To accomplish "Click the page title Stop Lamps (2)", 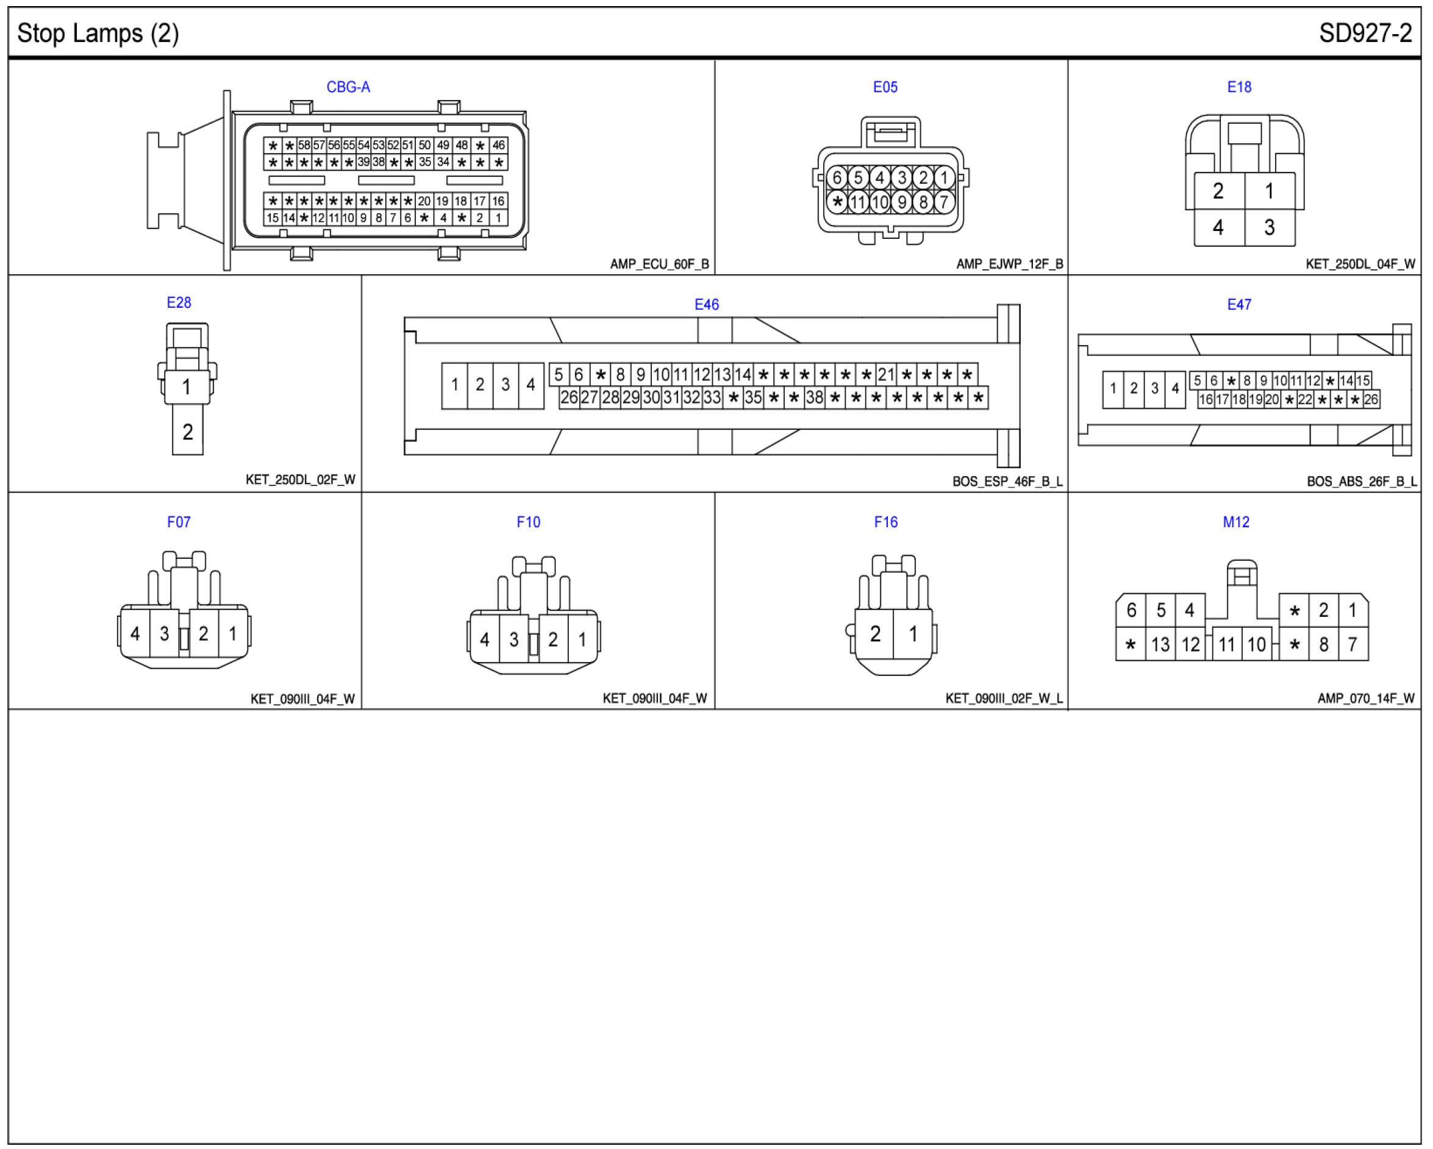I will point(98,34).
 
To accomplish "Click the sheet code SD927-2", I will point(1365,34).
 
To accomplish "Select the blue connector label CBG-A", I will point(348,87).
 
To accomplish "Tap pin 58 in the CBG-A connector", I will point(304,145).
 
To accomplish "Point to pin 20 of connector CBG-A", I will point(424,201).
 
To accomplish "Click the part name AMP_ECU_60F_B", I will point(659,265).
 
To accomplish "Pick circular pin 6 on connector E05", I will point(836,177).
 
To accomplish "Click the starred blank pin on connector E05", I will point(837,202).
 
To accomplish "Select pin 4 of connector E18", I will point(1218,227).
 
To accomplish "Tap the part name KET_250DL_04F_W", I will point(1360,265).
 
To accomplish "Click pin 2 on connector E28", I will point(187,432).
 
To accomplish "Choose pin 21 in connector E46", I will point(885,375).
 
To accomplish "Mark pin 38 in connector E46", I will point(814,398).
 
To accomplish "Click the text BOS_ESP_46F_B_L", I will point(1007,481).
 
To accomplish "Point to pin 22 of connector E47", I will point(1305,399).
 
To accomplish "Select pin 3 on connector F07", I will point(164,634).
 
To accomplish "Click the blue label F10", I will point(529,522).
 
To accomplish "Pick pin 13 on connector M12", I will point(1160,645).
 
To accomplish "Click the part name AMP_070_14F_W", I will point(1365,699).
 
